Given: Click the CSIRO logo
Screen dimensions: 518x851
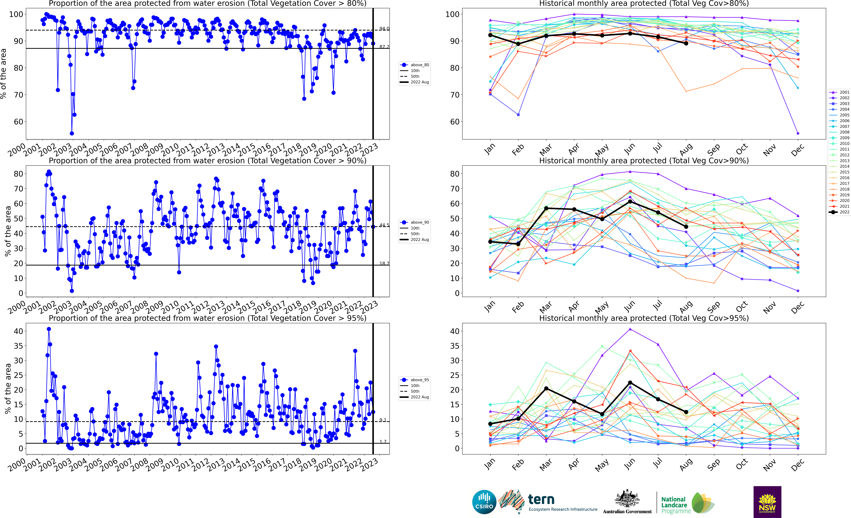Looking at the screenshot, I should click(x=484, y=502).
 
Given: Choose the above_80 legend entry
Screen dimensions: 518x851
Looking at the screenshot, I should click(x=414, y=65).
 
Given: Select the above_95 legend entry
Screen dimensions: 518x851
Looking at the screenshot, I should click(x=414, y=380).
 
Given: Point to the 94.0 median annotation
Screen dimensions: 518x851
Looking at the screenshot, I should click(x=384, y=29).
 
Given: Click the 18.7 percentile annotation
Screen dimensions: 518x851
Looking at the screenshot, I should click(x=384, y=263).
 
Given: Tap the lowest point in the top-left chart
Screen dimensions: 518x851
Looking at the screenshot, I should click(x=72, y=133).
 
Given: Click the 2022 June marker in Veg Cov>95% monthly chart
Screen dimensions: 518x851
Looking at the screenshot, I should click(x=630, y=383).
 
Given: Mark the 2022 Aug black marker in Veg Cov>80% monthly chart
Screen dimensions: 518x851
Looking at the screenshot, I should click(x=686, y=43).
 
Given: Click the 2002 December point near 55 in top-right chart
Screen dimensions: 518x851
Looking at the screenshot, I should click(x=798, y=133).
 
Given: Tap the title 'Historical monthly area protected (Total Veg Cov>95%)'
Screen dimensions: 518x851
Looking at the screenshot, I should click(x=644, y=318).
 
